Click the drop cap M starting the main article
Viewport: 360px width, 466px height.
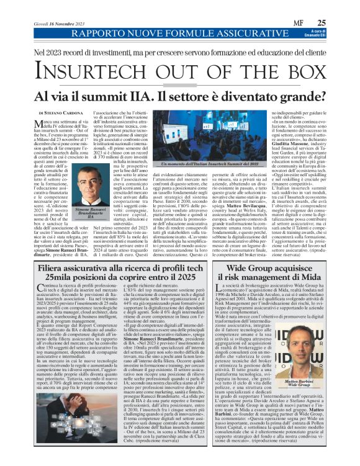click(41, 124)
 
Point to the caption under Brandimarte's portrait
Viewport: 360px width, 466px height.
click(78, 214)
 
